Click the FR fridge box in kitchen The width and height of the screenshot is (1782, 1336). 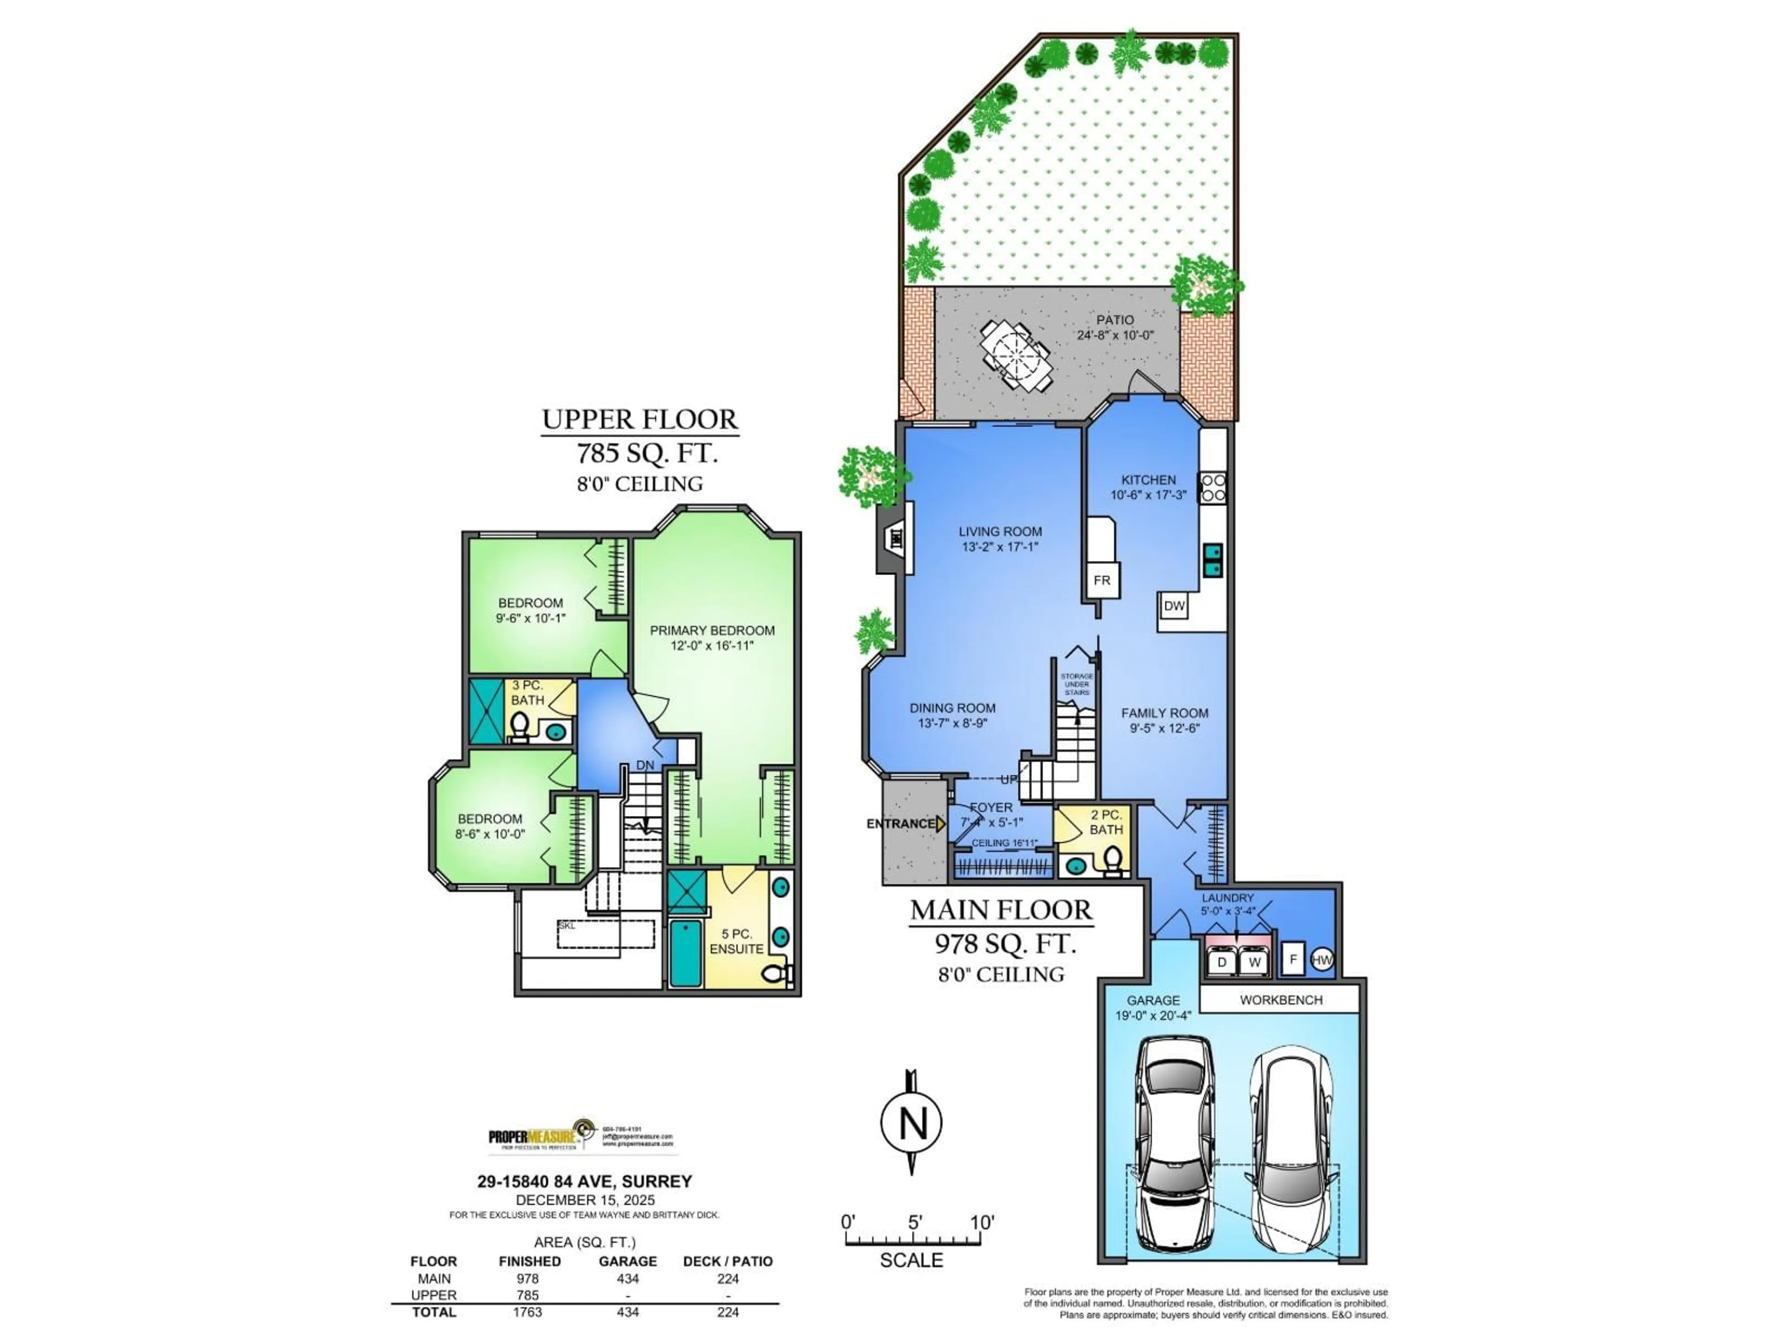coord(1101,580)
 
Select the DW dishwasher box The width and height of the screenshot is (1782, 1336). coord(1174,605)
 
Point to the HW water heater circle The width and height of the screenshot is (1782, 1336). coord(1322,959)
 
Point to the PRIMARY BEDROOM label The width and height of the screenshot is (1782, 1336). coord(712,630)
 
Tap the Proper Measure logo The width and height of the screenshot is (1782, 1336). coord(580,1136)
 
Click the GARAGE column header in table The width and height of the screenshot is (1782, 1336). coord(627,1261)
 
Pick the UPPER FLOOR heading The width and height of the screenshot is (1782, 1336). coord(639,419)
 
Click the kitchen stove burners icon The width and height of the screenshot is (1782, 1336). coord(1213,488)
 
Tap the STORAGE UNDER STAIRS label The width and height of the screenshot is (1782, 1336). coord(1076,685)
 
